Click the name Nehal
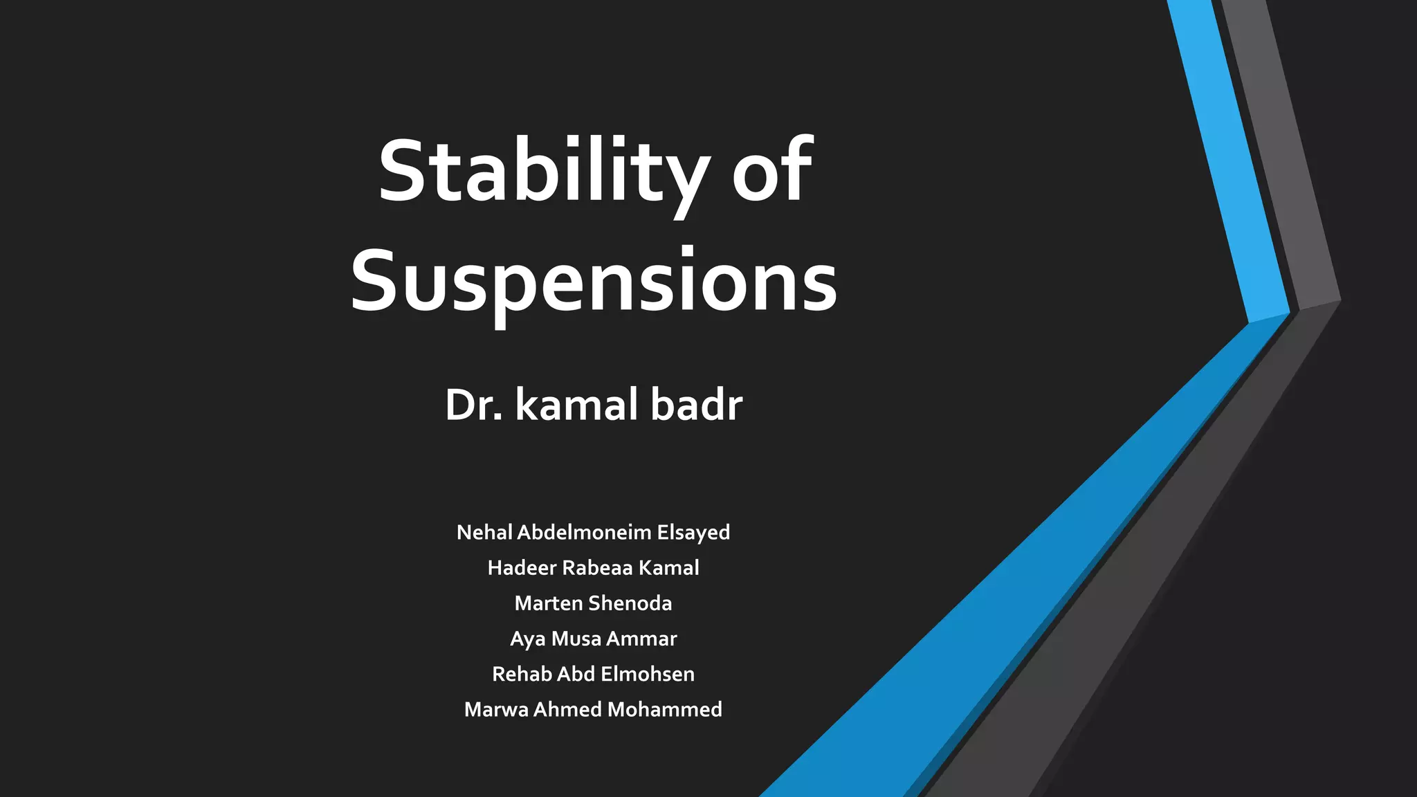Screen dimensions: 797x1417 pyautogui.click(x=484, y=532)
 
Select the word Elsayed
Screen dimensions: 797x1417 pyautogui.click(x=693, y=532)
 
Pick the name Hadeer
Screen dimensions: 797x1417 pyautogui.click(x=522, y=568)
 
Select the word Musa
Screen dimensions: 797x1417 pyautogui.click(x=576, y=639)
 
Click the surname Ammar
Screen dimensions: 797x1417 pyautogui.click(x=641, y=639)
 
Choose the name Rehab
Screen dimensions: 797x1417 pyautogui.click(x=522, y=674)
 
